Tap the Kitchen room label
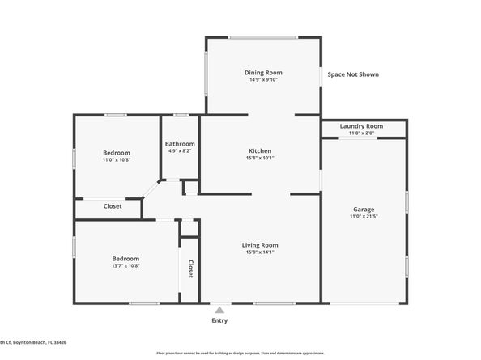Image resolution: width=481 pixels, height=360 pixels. tap(260, 150)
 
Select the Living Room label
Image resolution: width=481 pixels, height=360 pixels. tap(260, 245)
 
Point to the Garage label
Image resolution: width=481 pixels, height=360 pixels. tap(364, 210)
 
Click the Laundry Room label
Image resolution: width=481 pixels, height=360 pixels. tap(361, 126)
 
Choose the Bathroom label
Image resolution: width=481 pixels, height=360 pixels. tap(180, 144)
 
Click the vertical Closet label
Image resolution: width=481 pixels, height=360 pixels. tap(191, 269)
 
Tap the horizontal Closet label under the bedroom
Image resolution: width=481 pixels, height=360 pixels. tap(113, 206)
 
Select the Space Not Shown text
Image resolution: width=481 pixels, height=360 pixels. tap(353, 74)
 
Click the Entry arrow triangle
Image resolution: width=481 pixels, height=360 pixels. tap(219, 309)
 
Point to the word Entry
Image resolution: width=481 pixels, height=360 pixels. tap(219, 320)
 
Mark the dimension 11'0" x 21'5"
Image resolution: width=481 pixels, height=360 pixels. tap(364, 217)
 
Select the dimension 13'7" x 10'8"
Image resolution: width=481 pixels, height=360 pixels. tap(126, 265)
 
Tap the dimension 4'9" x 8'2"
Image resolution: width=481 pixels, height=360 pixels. tap(180, 151)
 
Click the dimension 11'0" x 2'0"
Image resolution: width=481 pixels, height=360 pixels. tap(361, 133)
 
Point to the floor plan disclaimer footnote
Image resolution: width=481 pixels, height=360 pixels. tap(240, 354)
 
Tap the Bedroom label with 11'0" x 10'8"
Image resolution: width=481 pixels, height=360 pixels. tap(117, 153)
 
